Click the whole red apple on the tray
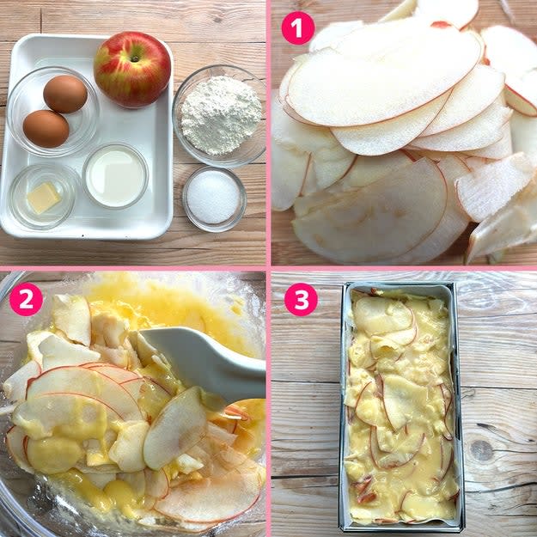[x=132, y=69]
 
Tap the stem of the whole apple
[x=135, y=58]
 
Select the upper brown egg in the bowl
[x=65, y=94]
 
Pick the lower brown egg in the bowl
[x=46, y=128]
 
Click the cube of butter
[x=44, y=198]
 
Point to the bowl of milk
[x=115, y=176]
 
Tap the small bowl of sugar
[x=214, y=198]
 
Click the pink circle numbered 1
[x=298, y=28]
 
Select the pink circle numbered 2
[x=26, y=299]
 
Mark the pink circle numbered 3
[x=301, y=299]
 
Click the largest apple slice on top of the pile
[x=383, y=77]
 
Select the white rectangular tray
[x=86, y=137]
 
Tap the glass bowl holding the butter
[x=42, y=197]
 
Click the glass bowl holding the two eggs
[x=53, y=112]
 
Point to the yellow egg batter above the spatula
[x=171, y=305]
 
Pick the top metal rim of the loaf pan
[x=400, y=285]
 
